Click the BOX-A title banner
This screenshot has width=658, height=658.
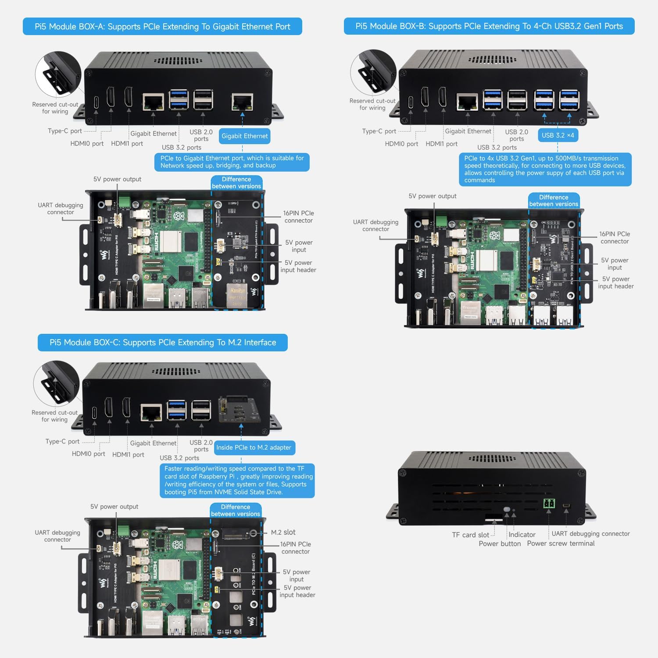point(162,26)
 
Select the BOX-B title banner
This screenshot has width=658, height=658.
point(489,26)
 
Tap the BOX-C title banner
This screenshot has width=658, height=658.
point(163,343)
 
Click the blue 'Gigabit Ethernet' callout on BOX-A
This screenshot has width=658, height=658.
point(244,136)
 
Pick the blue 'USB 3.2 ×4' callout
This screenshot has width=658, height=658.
point(558,135)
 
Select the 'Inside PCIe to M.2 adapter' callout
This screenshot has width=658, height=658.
point(254,447)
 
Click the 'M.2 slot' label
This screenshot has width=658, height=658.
point(283,532)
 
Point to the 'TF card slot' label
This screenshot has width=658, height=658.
point(470,535)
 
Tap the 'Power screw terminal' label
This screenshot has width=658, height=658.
point(561,544)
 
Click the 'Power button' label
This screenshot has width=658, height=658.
point(500,544)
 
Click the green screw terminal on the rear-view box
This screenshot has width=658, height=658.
point(549,503)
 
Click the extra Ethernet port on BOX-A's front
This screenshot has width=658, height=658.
point(242,102)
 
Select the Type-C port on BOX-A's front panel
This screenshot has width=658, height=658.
point(96,102)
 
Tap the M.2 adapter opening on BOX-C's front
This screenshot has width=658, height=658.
point(236,408)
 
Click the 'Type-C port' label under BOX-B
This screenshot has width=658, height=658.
point(379,131)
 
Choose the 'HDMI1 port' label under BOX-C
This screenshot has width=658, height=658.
point(128,454)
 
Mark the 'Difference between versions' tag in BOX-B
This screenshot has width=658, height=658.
point(554,200)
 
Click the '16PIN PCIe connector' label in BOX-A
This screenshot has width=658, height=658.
point(298,217)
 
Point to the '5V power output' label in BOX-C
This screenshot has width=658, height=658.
point(114,507)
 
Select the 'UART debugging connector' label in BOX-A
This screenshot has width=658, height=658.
point(61,208)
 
